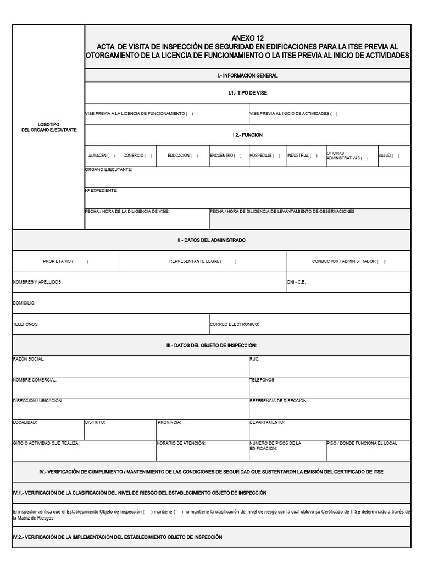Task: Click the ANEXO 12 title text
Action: (247, 38)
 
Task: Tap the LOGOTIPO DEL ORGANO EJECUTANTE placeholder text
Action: (49, 127)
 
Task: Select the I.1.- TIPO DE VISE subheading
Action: (247, 93)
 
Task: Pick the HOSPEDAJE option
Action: (265, 156)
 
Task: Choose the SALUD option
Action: (389, 156)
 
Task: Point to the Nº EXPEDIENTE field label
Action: (101, 191)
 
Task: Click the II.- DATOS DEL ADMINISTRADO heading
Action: (212, 240)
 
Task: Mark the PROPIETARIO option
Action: (65, 261)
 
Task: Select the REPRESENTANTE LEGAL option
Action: (203, 261)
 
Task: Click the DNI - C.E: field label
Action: (296, 282)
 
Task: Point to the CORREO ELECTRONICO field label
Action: (234, 324)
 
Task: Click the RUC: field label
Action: (254, 359)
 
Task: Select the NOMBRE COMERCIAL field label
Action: (35, 380)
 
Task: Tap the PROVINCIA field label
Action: (169, 422)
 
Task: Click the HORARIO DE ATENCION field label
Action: (181, 443)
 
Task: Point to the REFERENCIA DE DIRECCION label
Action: (278, 401)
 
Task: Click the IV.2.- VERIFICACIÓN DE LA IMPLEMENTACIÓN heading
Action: (117, 537)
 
